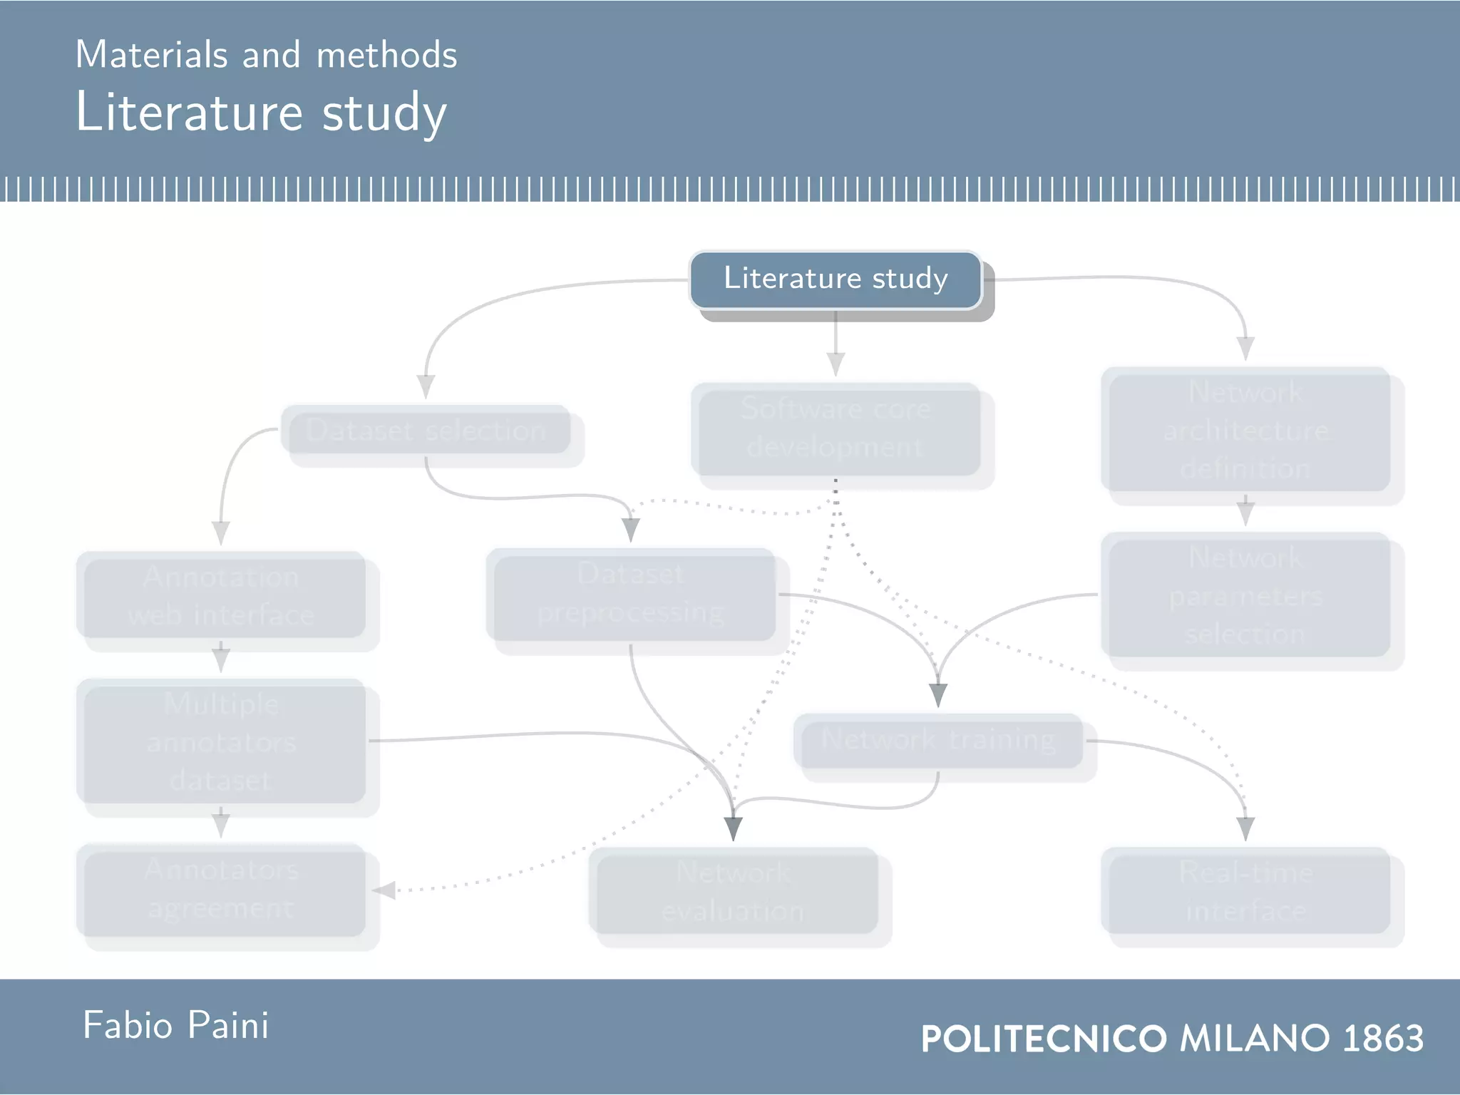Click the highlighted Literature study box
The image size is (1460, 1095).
pos(836,279)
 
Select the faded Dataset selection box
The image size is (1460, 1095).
pos(426,430)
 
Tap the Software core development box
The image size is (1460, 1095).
pos(836,429)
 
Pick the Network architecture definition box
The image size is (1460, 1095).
pos(1245,430)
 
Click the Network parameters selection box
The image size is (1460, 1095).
pos(1245,595)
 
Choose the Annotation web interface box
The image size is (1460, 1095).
pos(221,595)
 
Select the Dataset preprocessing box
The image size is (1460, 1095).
pos(631,594)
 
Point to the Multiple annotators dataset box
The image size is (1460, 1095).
pos(221,741)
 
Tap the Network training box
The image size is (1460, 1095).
pos(938,741)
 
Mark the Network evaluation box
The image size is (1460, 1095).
pos(733,892)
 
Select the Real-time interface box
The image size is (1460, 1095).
pos(1245,891)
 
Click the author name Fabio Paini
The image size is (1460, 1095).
pos(175,1026)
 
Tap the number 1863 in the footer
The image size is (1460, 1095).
pos(1382,1038)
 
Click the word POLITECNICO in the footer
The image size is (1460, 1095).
pos(1044,1039)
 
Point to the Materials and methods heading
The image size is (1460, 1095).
pos(266,55)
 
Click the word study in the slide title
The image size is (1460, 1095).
pos(384,113)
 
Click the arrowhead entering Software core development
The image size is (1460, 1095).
pos(836,364)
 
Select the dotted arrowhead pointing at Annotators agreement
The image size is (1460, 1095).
pos(384,890)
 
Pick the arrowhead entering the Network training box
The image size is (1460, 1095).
pos(938,694)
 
